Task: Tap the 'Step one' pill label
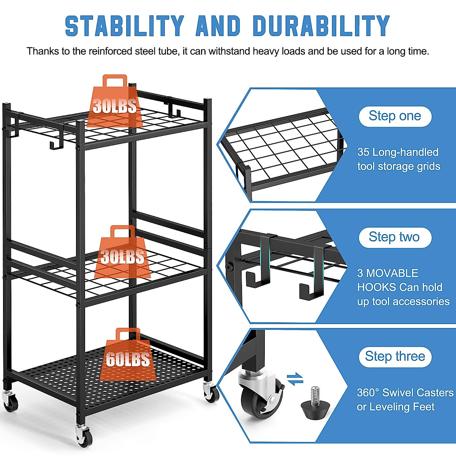click(x=395, y=116)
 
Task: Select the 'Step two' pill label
click(x=394, y=237)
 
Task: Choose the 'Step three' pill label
click(x=395, y=356)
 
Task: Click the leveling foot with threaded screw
click(x=315, y=404)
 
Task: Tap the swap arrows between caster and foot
click(x=295, y=379)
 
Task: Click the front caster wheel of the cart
click(x=83, y=435)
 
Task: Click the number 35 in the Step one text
click(x=363, y=152)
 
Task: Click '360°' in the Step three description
click(x=368, y=393)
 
